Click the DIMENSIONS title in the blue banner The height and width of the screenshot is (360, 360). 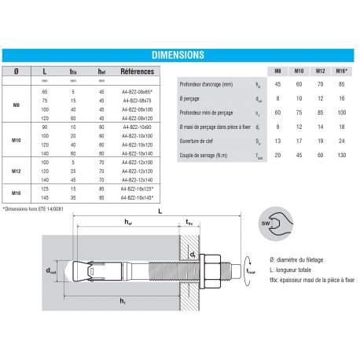click(180, 55)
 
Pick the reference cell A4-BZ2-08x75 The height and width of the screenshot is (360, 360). click(137, 101)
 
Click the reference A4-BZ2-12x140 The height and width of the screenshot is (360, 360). click(137, 178)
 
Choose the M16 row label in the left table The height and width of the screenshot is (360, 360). click(17, 193)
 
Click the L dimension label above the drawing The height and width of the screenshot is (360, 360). click(160, 212)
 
